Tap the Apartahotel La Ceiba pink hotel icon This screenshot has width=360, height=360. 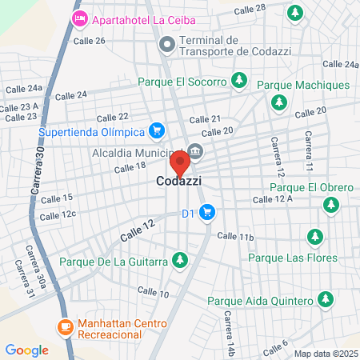coord(80,18)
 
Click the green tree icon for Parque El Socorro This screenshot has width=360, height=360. coord(238,80)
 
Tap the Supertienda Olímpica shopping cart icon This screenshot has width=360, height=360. coord(157,130)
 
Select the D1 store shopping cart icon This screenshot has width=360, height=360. coord(207,213)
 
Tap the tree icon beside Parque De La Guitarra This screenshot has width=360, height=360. coord(181,260)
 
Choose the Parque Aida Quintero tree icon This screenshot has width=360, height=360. coord(325,300)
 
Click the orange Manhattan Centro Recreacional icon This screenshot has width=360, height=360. coord(65,326)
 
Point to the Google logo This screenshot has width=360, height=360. coord(26,350)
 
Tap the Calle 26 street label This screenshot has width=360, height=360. coord(88,40)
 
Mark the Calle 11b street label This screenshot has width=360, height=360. coord(235,237)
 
